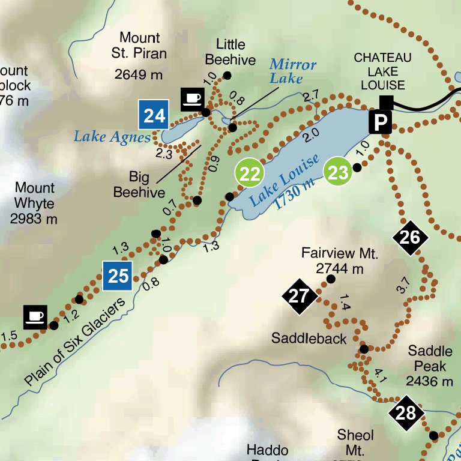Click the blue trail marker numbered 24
(154, 115)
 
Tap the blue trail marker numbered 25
(118, 276)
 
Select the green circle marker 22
(250, 174)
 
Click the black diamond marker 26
(410, 238)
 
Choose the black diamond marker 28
(406, 413)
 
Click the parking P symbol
(380, 122)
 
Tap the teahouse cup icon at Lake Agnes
(193, 98)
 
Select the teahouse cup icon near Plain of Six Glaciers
(35, 316)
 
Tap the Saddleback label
(309, 339)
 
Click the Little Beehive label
(230, 52)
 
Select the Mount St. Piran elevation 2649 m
(139, 74)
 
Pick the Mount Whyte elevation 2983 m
(34, 219)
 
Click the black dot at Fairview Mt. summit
(330, 279)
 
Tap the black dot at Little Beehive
(227, 75)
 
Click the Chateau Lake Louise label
(383, 71)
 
